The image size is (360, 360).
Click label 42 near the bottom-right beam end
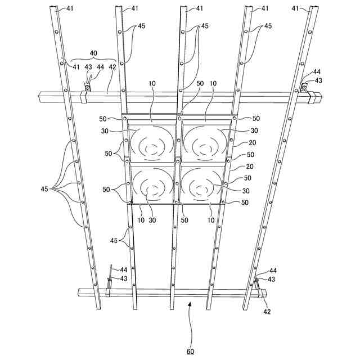[x=267, y=310]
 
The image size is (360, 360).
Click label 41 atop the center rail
[x=199, y=9]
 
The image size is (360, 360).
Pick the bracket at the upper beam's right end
[x=303, y=88]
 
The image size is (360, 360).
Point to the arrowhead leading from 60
[x=189, y=304]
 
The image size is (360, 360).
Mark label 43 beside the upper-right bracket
[x=318, y=81]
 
